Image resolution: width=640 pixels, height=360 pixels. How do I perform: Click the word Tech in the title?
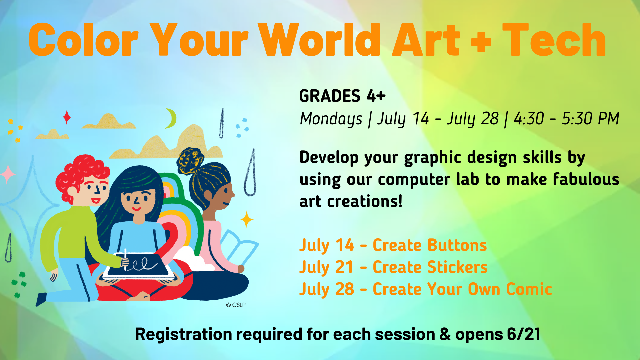554,40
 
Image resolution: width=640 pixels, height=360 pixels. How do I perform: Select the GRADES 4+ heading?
342,96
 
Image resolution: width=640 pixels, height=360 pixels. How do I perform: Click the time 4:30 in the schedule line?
529,119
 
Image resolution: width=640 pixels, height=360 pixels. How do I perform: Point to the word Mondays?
331,119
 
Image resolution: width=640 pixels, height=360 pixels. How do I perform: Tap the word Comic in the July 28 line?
529,289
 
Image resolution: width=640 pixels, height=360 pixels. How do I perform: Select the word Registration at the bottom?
184,334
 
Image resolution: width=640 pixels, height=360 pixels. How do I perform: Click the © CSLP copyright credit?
236,305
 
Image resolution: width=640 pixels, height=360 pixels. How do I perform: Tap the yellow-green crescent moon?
171,118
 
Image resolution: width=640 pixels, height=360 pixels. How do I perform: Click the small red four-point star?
67,117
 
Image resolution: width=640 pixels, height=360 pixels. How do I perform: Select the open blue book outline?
239,248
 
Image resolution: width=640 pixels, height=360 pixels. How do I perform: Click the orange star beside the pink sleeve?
247,219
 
